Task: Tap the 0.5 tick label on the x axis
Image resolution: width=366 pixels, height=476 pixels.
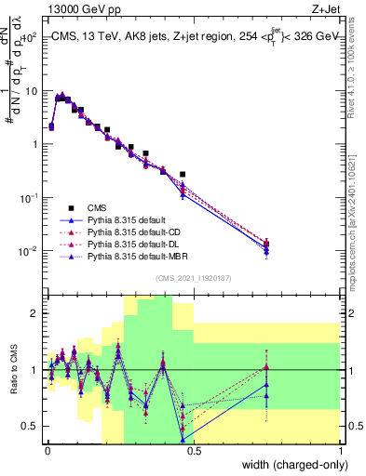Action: (194, 450)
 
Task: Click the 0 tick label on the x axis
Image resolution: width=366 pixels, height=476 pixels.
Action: (47, 450)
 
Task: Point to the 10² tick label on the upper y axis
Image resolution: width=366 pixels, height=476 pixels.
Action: (28, 38)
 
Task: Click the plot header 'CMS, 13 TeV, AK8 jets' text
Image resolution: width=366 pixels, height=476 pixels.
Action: (113, 35)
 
